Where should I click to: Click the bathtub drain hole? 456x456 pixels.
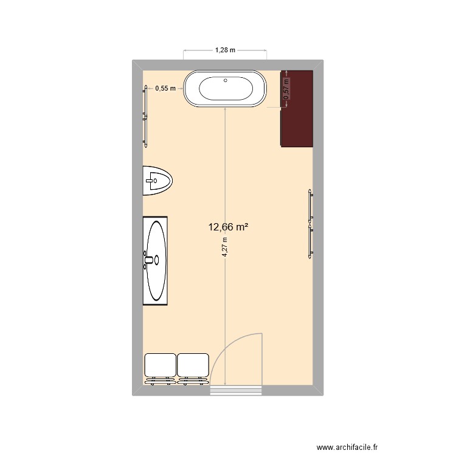pos(226,80)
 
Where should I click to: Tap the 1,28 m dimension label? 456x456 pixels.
pos(225,50)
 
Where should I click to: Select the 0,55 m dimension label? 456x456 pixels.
pos(165,88)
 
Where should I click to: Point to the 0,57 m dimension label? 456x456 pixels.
pos(287,91)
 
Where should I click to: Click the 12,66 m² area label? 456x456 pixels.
pos(228,228)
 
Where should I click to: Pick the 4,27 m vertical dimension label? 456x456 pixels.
pos(224,247)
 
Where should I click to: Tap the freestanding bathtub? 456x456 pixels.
pos(226,89)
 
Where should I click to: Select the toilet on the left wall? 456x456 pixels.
pos(157,181)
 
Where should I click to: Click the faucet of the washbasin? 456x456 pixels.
pos(149,260)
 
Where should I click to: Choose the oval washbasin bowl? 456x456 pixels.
pos(156,260)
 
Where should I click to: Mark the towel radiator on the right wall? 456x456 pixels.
pos(310,224)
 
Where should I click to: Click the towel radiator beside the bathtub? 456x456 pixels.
pos(145,116)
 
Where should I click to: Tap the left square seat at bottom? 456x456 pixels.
pos(160,367)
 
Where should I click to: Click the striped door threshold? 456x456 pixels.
pos(237,390)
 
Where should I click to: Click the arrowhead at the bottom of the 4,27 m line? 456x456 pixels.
pos(226,382)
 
